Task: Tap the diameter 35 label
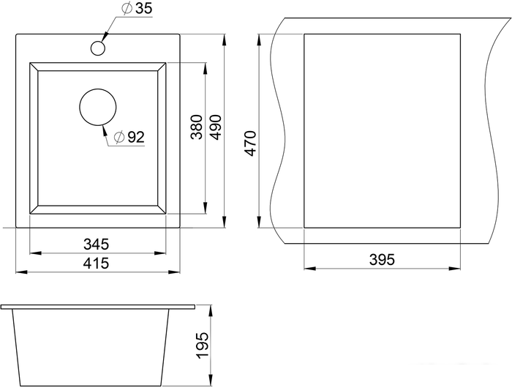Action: pos(137,9)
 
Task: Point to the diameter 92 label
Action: pos(129,137)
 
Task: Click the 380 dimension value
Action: pos(197,127)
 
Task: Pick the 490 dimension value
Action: pos(216,127)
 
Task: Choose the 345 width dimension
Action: pos(96,245)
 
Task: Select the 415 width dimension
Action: pos(96,263)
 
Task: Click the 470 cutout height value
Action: pos(250,143)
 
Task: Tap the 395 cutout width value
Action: pos(382,260)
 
